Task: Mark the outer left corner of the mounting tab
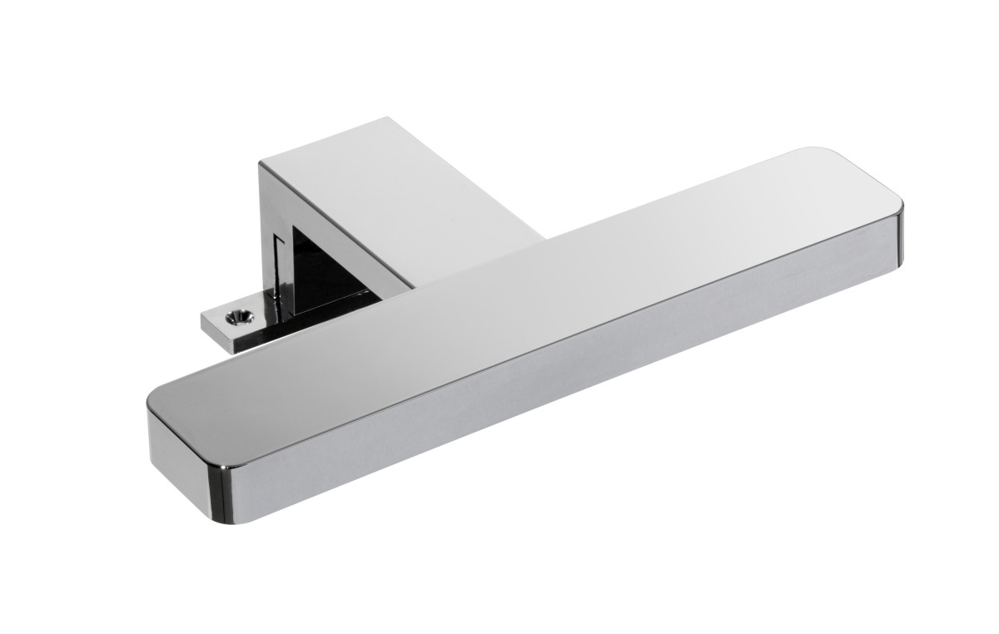[202, 314]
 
